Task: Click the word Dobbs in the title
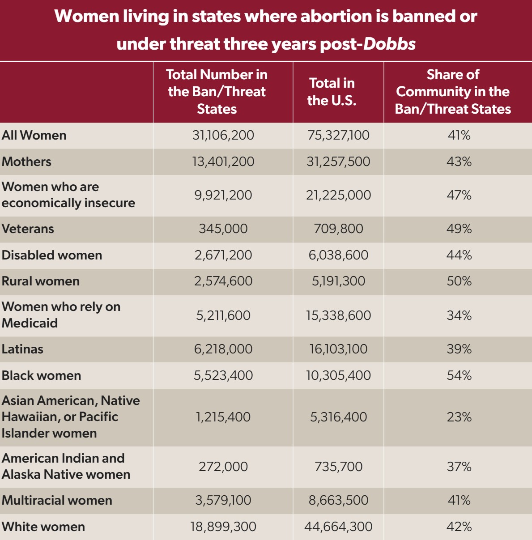[x=389, y=44]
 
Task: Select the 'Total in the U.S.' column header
[x=332, y=92]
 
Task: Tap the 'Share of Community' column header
[x=453, y=92]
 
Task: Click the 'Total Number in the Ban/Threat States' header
[x=217, y=92]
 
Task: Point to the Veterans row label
[x=28, y=229]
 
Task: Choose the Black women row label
[x=41, y=375]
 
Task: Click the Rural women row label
[x=41, y=281]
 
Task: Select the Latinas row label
[x=22, y=349]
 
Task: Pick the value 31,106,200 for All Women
[x=223, y=135]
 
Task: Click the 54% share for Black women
[x=459, y=375]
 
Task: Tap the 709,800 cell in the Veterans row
[x=338, y=229]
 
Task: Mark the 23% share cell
[x=459, y=417]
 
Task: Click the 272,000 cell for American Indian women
[x=223, y=467]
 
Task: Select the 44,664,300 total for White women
[x=338, y=527]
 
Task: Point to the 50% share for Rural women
[x=459, y=281]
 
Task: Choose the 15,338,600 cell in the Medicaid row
[x=338, y=315]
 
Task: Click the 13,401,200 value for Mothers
[x=223, y=162]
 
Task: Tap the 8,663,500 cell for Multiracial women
[x=338, y=500]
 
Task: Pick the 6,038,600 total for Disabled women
[x=338, y=255]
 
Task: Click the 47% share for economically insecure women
[x=459, y=195]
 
